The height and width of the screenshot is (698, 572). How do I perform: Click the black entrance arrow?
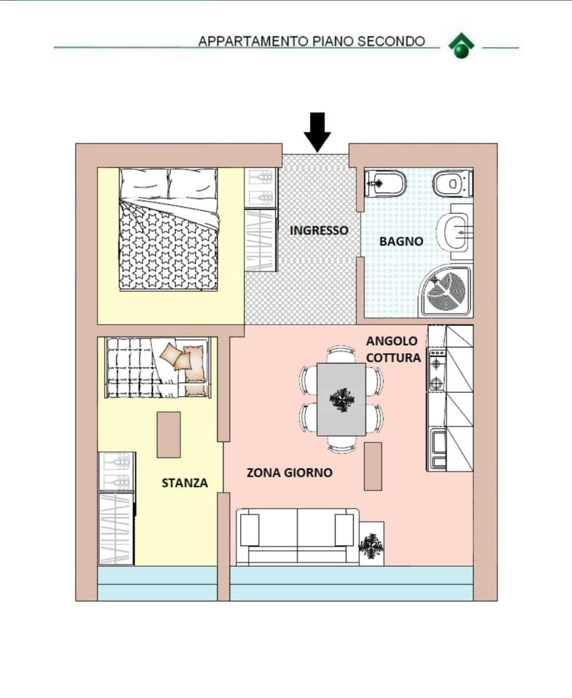(x=318, y=131)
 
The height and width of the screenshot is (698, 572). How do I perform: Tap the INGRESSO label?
(x=319, y=230)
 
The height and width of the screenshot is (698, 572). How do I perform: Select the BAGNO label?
(x=401, y=241)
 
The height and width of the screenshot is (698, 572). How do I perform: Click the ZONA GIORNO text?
(x=290, y=473)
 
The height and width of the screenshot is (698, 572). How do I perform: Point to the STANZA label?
(x=185, y=483)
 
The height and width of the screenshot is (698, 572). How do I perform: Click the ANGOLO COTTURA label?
(x=393, y=349)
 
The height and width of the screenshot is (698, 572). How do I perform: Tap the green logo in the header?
(x=461, y=46)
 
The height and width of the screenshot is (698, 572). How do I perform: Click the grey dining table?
(x=341, y=399)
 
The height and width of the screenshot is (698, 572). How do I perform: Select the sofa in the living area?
(x=297, y=535)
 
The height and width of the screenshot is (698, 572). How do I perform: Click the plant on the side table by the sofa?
(x=372, y=544)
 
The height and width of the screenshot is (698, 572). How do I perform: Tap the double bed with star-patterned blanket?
(x=169, y=229)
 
